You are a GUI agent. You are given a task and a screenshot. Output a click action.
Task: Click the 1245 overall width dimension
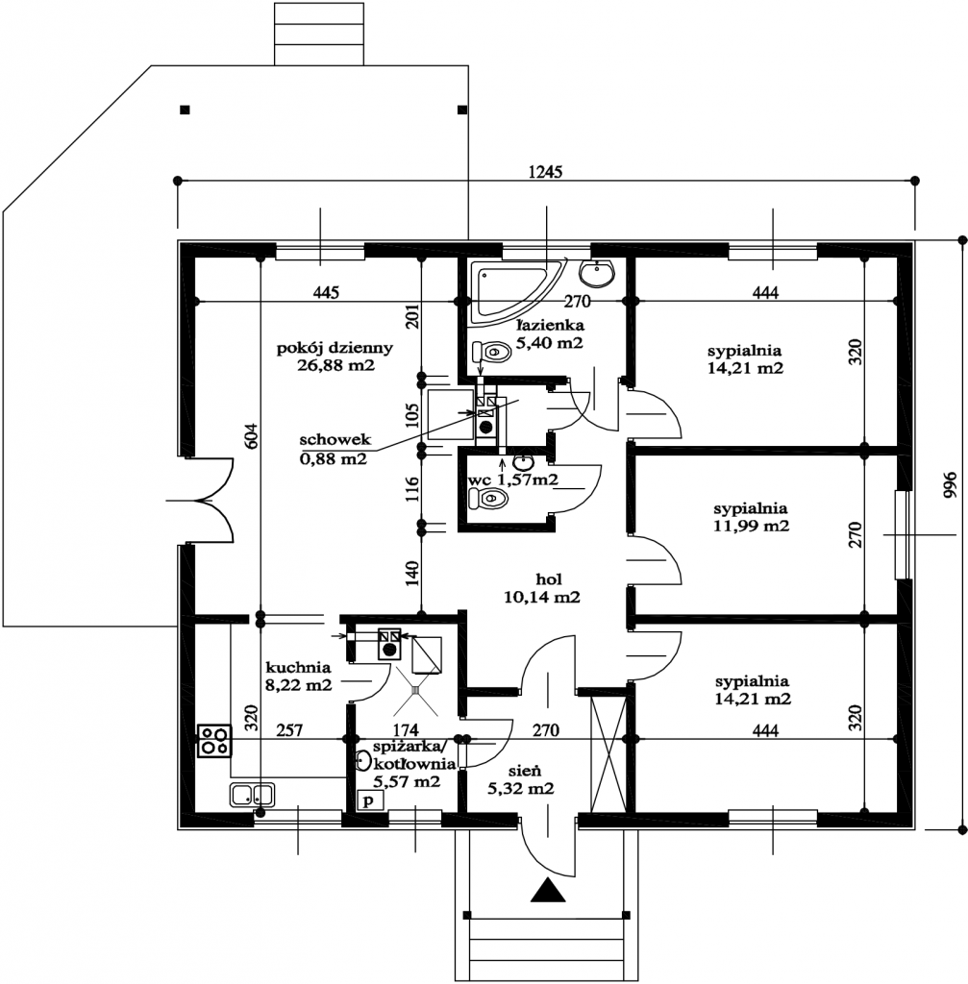pos(545,171)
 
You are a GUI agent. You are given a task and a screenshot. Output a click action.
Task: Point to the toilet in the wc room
pos(486,499)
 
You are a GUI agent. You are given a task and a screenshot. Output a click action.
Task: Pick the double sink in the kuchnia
pos(252,795)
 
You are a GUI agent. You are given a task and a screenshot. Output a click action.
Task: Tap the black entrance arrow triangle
pos(548,891)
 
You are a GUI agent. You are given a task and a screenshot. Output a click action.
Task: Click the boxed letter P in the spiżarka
pos(368,799)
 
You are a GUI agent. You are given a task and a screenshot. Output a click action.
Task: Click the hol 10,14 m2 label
pos(542,588)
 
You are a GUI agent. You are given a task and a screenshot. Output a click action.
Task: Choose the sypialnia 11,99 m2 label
pos(751,517)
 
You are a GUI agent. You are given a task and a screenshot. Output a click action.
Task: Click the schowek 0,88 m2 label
pos(333,449)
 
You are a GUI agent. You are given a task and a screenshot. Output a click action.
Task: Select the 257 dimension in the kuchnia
pos(288,730)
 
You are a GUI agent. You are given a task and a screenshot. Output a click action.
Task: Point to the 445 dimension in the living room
pos(327,292)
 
